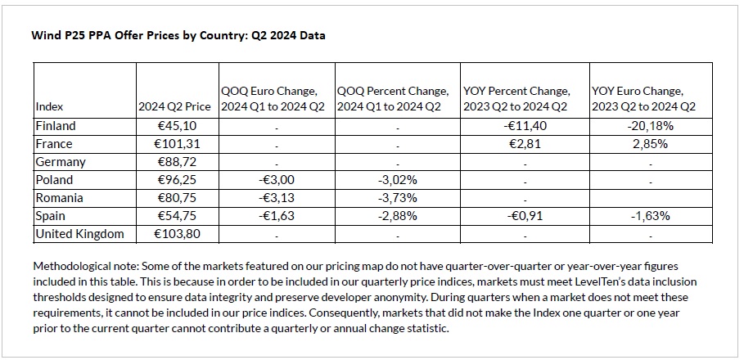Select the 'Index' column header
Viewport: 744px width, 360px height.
(49, 107)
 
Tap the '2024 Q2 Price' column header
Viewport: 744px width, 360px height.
(174, 107)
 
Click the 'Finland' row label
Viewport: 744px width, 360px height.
(56, 126)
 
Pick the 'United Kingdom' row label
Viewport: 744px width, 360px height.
(79, 234)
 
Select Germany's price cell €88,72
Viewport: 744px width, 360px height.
(177, 162)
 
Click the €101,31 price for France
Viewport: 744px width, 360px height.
(177, 144)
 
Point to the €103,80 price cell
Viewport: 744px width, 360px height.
(177, 234)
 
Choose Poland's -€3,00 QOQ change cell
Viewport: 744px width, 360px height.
(276, 180)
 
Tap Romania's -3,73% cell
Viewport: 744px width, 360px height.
(397, 198)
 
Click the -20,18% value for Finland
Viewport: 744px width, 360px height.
(650, 126)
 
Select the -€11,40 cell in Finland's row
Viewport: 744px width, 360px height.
(525, 126)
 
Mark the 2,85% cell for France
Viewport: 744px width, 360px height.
(650, 144)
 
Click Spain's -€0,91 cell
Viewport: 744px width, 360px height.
(525, 216)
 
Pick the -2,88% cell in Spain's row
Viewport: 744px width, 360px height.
(397, 216)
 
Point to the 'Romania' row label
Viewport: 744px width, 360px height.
(59, 198)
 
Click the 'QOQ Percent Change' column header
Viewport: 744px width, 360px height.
(393, 91)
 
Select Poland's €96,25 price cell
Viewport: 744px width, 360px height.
(177, 180)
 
